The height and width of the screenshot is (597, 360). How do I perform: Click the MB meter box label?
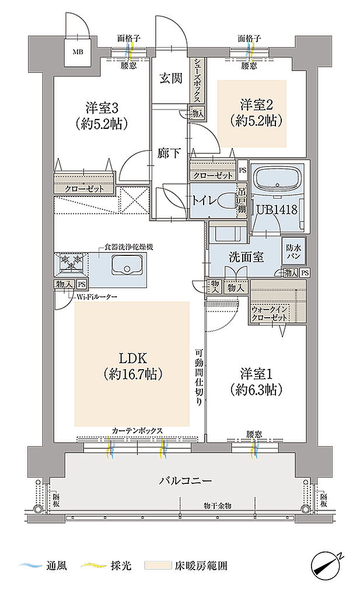(78, 52)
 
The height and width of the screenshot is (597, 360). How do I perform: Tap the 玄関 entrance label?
(171, 78)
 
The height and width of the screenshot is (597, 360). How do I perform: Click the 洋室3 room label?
(101, 108)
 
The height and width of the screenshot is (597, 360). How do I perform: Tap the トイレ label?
(204, 201)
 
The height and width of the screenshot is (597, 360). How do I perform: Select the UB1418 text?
(277, 209)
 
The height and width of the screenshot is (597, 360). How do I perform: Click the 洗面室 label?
(246, 257)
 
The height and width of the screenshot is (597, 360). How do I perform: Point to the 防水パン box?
(293, 251)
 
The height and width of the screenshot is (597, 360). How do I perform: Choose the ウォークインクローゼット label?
(269, 313)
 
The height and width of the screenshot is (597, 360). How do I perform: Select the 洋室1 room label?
(256, 374)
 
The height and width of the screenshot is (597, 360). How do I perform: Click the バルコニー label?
(185, 480)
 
